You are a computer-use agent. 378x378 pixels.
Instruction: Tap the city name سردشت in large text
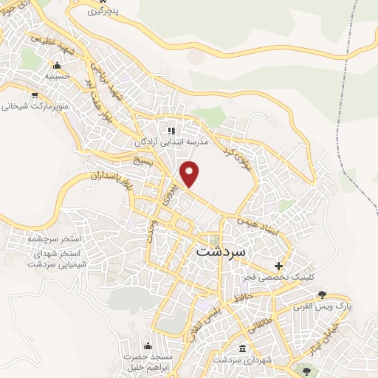pyautogui.click(x=224, y=250)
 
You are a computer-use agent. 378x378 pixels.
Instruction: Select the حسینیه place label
pyautogui.click(x=57, y=76)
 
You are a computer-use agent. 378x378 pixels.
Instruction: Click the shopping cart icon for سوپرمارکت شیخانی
pyautogui.click(x=35, y=94)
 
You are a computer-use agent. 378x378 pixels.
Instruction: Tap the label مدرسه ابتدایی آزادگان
pyautogui.click(x=172, y=141)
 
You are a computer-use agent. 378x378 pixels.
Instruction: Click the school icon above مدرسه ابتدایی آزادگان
pyautogui.click(x=172, y=130)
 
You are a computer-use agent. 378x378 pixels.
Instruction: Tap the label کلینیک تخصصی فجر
pyautogui.click(x=278, y=277)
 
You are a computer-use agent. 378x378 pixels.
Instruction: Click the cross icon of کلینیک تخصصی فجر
pyautogui.click(x=278, y=266)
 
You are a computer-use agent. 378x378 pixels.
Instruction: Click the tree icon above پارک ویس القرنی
pyautogui.click(x=322, y=295)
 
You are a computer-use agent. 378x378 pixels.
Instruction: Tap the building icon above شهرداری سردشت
pyautogui.click(x=243, y=348)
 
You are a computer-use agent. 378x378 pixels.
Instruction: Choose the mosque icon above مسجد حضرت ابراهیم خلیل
pyautogui.click(x=148, y=346)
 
